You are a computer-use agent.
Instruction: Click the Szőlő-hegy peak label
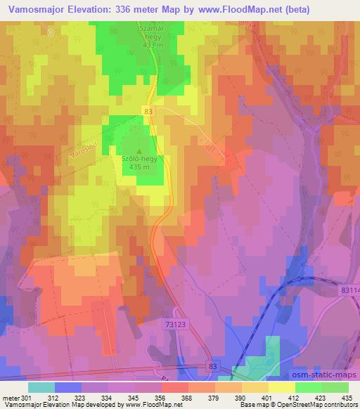[x=138, y=160]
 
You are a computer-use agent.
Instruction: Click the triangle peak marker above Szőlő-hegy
[x=139, y=151]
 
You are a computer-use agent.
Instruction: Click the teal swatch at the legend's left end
[x=41, y=387]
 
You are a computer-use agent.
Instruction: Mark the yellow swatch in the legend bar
[x=282, y=387]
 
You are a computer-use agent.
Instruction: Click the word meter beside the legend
[x=10, y=398]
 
